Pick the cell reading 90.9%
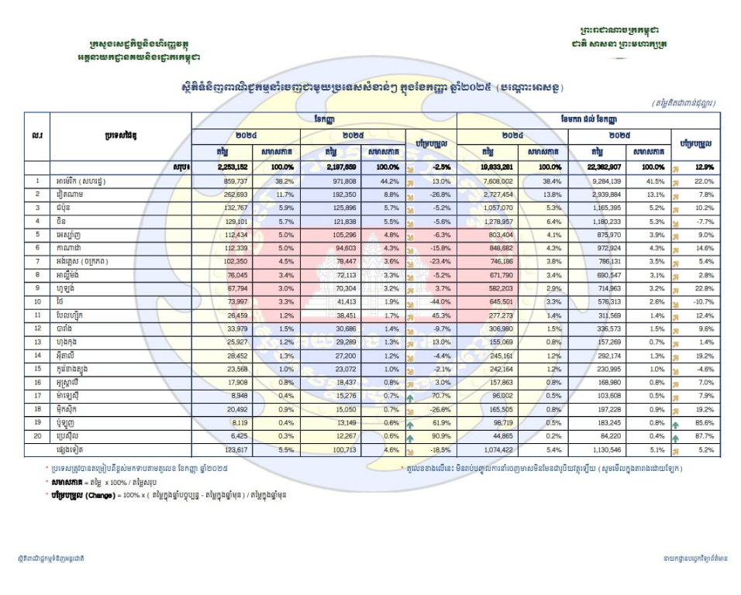click(x=439, y=437)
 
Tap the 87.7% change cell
click(x=702, y=437)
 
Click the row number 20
click(x=36, y=437)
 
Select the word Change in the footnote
click(x=102, y=494)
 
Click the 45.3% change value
click(x=439, y=315)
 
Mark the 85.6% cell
click(x=702, y=423)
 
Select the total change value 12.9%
click(x=702, y=167)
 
